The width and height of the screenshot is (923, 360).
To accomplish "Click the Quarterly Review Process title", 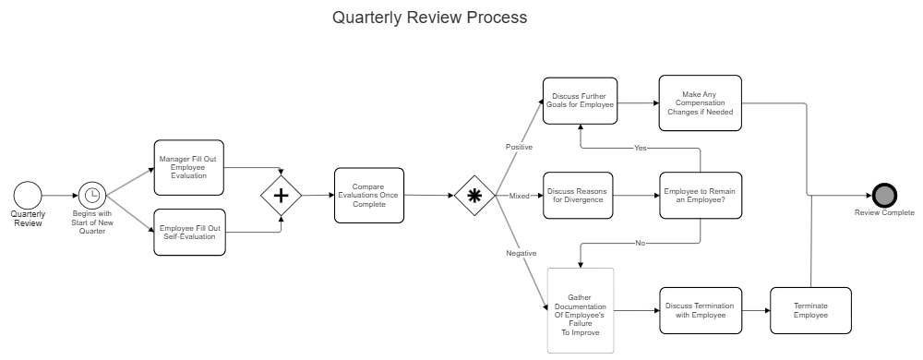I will click(430, 18).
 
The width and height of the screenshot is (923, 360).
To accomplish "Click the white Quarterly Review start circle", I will click(28, 195).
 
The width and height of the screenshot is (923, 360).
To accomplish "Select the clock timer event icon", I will click(91, 195).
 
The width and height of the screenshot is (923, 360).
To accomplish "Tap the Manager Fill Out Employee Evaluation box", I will click(188, 167).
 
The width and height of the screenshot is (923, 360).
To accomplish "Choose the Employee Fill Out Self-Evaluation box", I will click(188, 232).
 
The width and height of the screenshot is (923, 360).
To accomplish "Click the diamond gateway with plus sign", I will click(282, 196).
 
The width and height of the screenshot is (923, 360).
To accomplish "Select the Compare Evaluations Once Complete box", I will click(368, 195).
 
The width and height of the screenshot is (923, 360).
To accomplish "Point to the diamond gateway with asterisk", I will click(474, 196).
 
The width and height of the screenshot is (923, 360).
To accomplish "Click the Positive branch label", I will click(519, 147).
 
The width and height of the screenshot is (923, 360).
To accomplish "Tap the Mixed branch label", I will click(520, 196).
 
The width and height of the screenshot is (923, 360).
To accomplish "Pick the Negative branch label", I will click(521, 252).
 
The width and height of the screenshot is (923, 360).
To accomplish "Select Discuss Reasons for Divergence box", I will click(578, 195).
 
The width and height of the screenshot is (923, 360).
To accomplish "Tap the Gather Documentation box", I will click(580, 310).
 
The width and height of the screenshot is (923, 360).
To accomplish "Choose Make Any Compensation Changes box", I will click(700, 103).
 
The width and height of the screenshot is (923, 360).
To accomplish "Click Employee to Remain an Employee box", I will click(700, 195).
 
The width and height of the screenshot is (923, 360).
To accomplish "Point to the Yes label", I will click(640, 148).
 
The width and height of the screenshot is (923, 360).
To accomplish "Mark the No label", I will click(640, 243).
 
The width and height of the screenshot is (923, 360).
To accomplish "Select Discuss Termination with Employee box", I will click(700, 310).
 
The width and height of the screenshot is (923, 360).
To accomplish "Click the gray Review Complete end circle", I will click(884, 195).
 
